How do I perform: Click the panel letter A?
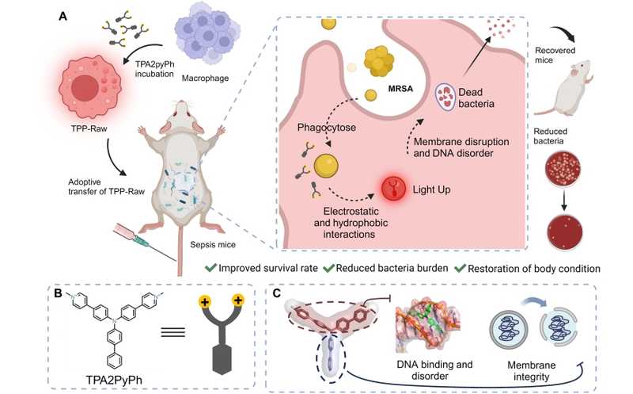[63, 15]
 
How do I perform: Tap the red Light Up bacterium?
[392, 189]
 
